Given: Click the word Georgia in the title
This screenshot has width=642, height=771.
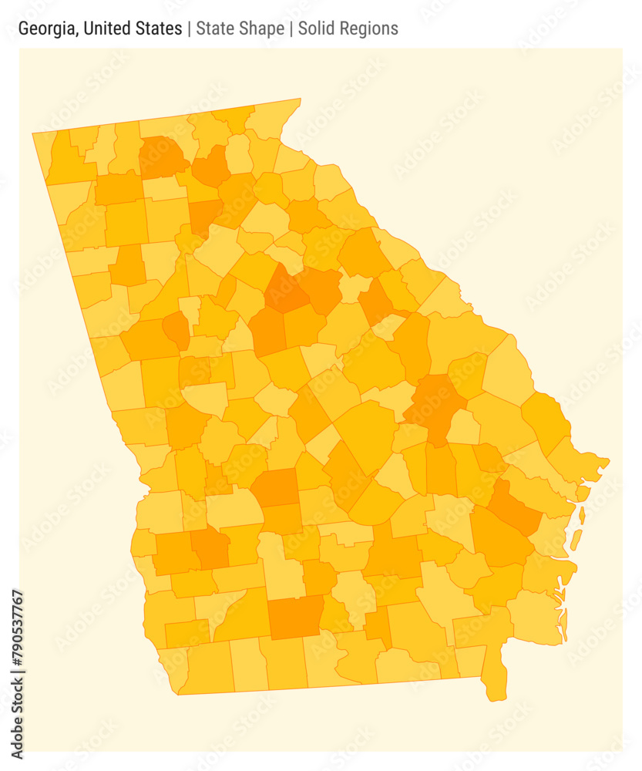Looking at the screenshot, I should point(47,29).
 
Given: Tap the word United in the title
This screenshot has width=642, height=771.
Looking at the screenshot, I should point(108,29).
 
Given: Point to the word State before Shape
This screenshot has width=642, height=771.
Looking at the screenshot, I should point(216,29).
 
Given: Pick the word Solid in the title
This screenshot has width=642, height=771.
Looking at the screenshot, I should point(318,29).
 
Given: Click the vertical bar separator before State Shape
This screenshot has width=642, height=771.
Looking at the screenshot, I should point(190,29).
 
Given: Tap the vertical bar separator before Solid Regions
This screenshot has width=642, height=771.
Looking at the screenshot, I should point(291,29).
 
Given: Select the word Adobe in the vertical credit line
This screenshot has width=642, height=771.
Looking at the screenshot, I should point(17,732).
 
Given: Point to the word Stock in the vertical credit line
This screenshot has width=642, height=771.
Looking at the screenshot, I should point(17,690).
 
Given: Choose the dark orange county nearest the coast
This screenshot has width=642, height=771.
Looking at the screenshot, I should point(515,507).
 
